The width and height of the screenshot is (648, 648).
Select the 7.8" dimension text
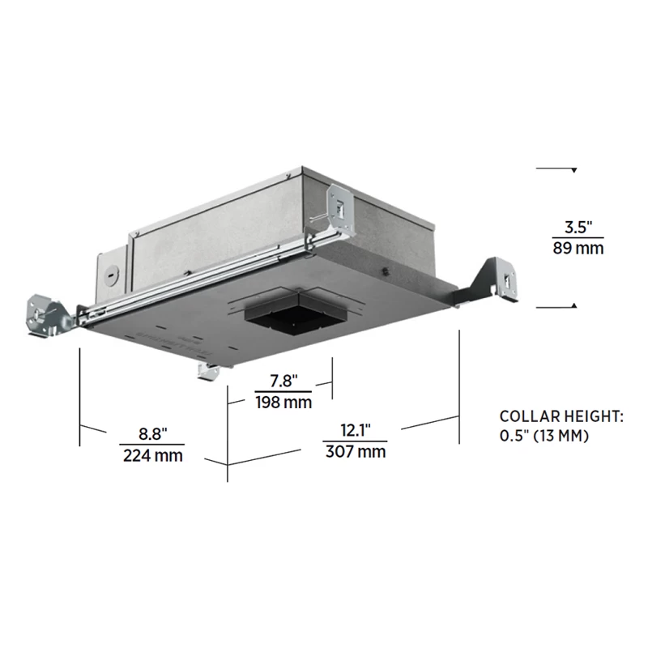coord(283,381)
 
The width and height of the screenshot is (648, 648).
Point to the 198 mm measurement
coord(283,402)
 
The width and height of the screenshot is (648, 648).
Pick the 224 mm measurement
coord(152,455)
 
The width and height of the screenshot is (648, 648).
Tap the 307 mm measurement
coord(355,451)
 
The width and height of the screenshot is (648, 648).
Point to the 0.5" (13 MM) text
coord(544,437)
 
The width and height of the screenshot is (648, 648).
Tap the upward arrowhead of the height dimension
coord(573,305)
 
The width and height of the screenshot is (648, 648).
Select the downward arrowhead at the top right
coord(573,170)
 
